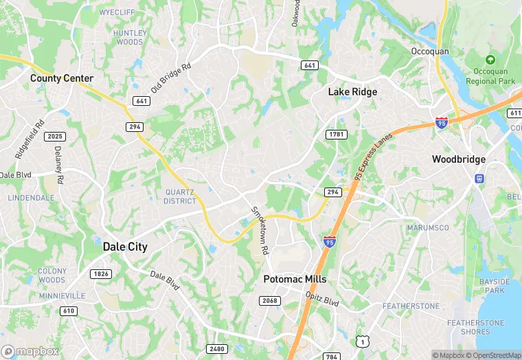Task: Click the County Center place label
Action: [62, 78]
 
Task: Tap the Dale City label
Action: [125, 247]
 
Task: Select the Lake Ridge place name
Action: [352, 91]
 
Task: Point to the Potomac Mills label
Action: [295, 280]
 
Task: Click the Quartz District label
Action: [180, 196]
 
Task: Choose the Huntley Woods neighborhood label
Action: [129, 37]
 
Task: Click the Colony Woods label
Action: [52, 275]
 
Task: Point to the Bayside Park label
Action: [495, 286]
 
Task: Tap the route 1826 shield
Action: [100, 274]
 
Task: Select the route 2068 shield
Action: [269, 301]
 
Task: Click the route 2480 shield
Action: [217, 349]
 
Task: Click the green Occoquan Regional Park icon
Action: [490, 60]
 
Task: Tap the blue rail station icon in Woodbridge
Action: [479, 179]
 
